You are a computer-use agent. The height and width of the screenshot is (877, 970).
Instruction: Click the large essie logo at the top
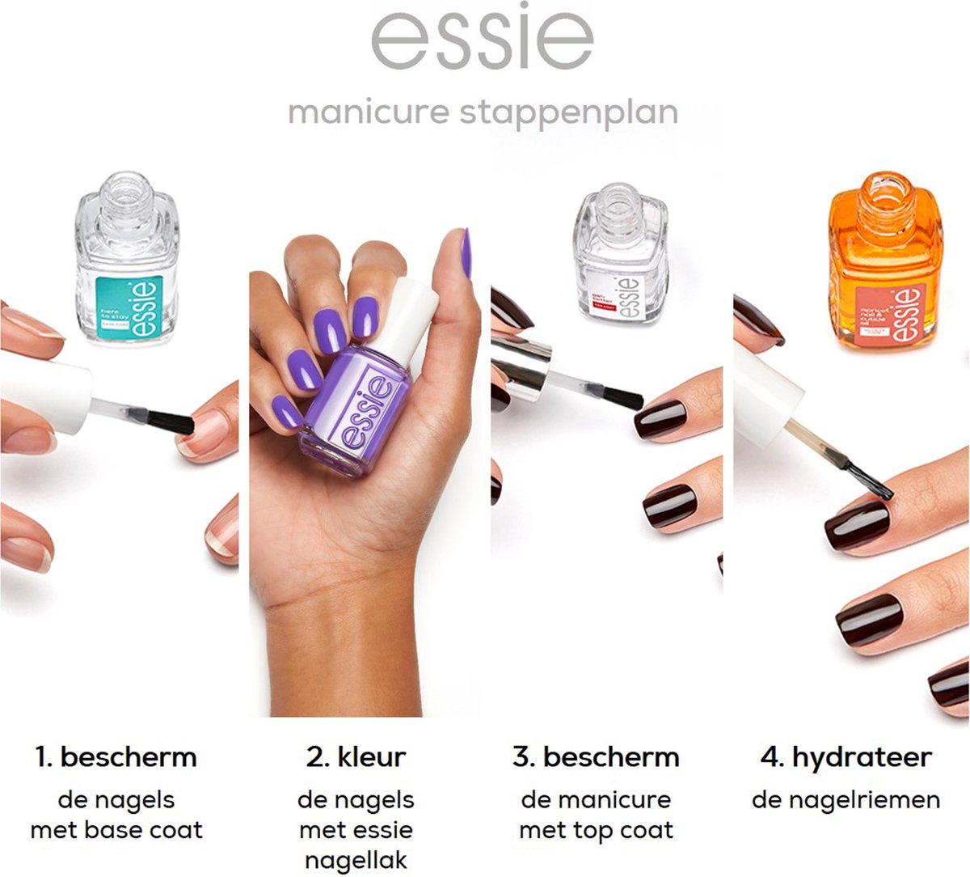[483, 39]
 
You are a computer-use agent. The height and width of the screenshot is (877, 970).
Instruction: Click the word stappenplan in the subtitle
[569, 112]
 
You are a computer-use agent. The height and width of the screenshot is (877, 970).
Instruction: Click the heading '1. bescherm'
[116, 757]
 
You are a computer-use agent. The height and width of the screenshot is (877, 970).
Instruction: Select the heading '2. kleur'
[356, 757]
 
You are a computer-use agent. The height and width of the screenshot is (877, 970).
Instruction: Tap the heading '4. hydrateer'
[846, 757]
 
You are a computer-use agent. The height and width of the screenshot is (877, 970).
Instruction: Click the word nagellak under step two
[356, 861]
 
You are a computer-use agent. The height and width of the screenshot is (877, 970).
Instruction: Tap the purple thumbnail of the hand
[466, 252]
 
